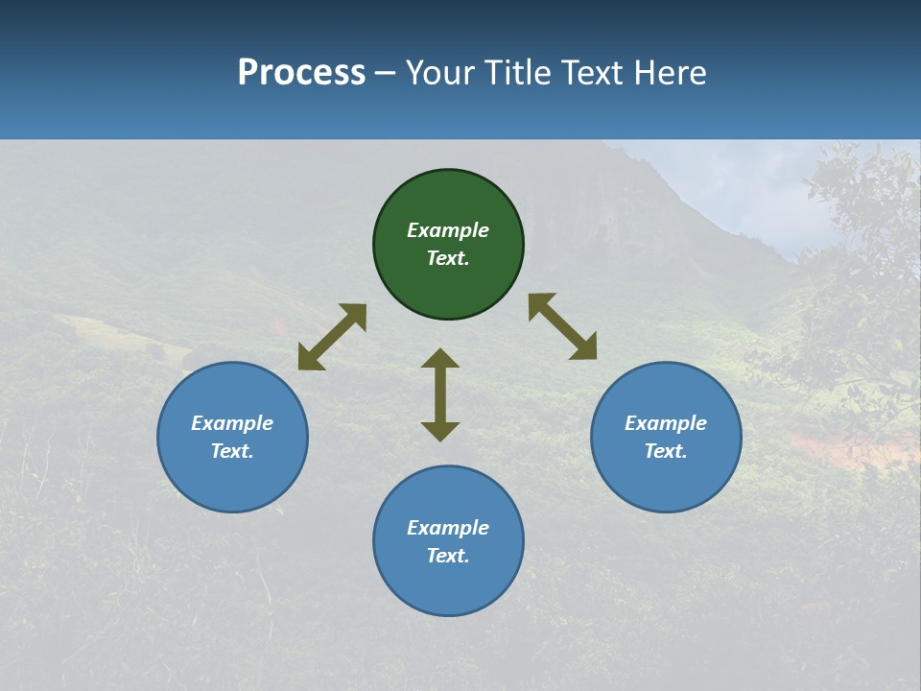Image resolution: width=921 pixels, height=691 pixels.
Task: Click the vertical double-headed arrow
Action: [440, 394]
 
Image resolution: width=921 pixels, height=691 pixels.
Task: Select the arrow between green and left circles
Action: [332, 337]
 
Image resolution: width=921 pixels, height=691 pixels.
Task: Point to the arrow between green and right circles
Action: [562, 326]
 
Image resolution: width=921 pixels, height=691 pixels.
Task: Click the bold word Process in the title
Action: [301, 72]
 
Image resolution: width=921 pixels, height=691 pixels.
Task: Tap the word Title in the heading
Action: [519, 72]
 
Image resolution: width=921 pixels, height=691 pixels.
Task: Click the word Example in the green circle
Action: [448, 230]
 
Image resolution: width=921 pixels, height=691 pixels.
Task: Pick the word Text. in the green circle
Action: [448, 258]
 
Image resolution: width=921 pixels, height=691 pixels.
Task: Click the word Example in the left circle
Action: [232, 423]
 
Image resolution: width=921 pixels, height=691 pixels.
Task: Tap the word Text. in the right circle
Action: [666, 451]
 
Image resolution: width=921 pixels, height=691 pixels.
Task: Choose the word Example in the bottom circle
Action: [448, 528]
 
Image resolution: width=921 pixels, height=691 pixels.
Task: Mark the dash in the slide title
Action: [386, 73]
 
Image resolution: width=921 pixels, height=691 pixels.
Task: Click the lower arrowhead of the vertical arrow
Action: [440, 432]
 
